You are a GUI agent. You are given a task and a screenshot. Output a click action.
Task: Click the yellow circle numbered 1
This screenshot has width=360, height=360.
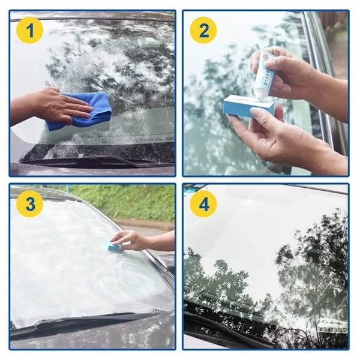point(29,30)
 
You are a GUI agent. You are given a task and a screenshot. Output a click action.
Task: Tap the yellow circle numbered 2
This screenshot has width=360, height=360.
point(203,30)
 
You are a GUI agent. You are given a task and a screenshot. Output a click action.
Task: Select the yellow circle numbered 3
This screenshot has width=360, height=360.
point(29,204)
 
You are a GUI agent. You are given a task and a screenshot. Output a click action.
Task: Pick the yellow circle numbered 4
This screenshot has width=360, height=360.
point(203,204)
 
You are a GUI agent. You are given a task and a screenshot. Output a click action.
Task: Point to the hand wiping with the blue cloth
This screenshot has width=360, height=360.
point(57,106)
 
